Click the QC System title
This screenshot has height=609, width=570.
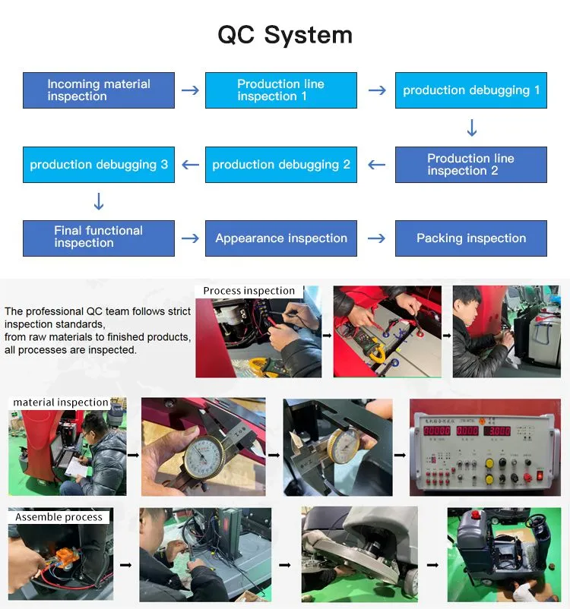click(285, 35)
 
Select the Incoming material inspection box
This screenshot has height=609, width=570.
click(99, 90)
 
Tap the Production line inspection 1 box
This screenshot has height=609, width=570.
click(281, 90)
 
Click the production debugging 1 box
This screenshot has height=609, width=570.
click(471, 90)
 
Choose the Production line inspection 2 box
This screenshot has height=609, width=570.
click(471, 165)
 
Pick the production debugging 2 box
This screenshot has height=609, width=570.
click(281, 165)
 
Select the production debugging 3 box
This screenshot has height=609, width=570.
click(99, 165)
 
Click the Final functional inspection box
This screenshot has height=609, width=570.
click(99, 238)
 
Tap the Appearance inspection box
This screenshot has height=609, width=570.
click(281, 238)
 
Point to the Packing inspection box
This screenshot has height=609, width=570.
click(471, 238)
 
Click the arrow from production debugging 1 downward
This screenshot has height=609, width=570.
click(471, 128)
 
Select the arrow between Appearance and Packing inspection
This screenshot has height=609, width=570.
click(376, 238)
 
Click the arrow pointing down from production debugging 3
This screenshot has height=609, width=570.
click(99, 202)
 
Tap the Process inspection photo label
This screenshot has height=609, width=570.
click(249, 291)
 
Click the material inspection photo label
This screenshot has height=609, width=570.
click(61, 402)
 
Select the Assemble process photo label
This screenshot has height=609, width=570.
click(59, 517)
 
